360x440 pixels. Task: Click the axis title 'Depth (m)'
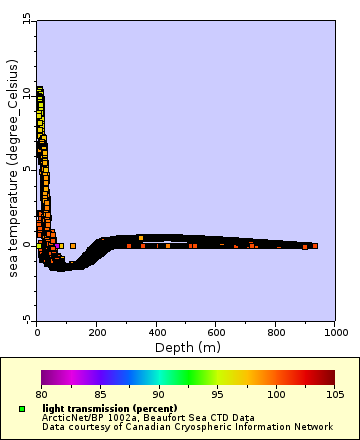point(186,347)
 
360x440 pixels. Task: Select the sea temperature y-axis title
point(10,169)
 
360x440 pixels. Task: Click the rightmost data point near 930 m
point(314,245)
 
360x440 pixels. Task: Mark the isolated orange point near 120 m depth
point(73,245)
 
